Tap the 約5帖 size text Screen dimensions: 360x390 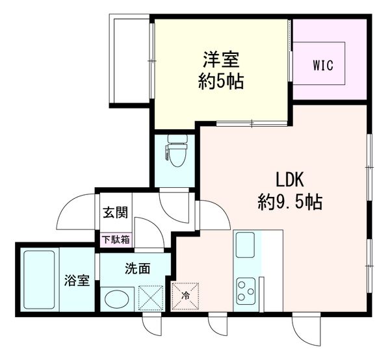point(221,83)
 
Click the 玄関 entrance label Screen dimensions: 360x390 point(114,212)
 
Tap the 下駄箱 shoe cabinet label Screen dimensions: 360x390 point(115,239)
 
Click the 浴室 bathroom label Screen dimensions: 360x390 point(76,281)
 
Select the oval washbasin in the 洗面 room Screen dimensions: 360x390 point(117,301)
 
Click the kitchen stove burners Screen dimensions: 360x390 point(246,290)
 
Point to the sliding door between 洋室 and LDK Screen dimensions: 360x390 point(250,123)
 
